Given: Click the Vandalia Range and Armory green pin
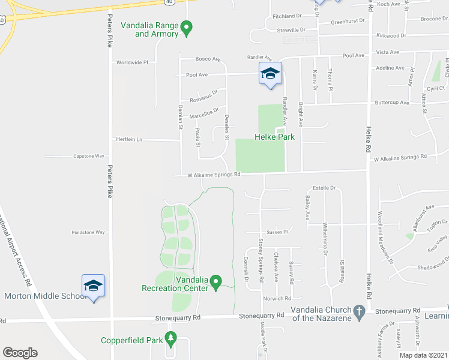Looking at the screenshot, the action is (186, 28).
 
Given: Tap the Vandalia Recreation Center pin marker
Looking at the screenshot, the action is (217, 281).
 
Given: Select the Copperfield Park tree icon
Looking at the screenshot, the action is (171, 340).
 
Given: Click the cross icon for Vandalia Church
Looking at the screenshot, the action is (359, 311).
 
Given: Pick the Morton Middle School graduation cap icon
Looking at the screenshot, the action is (94, 286).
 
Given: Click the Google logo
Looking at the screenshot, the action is (20, 353).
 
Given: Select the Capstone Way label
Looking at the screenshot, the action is (89, 156).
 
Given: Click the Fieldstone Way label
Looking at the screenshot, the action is (88, 232).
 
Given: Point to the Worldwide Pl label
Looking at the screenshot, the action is (132, 62).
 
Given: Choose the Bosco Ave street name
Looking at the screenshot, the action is (208, 59).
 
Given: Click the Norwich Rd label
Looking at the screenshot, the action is (277, 298).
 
